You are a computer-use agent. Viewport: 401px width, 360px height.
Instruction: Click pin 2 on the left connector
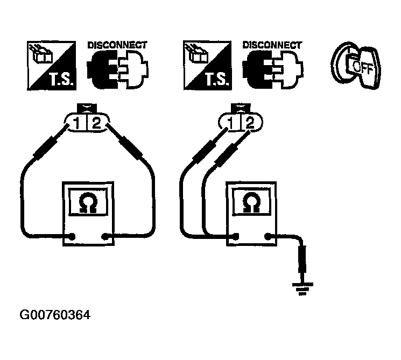[x=96, y=123]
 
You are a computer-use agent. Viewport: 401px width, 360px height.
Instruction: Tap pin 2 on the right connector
[x=249, y=123]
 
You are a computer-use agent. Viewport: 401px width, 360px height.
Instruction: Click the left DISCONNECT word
[x=117, y=45]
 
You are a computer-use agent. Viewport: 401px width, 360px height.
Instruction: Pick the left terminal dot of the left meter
[x=74, y=235]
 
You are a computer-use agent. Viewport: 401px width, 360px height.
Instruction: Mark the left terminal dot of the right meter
[x=235, y=236]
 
